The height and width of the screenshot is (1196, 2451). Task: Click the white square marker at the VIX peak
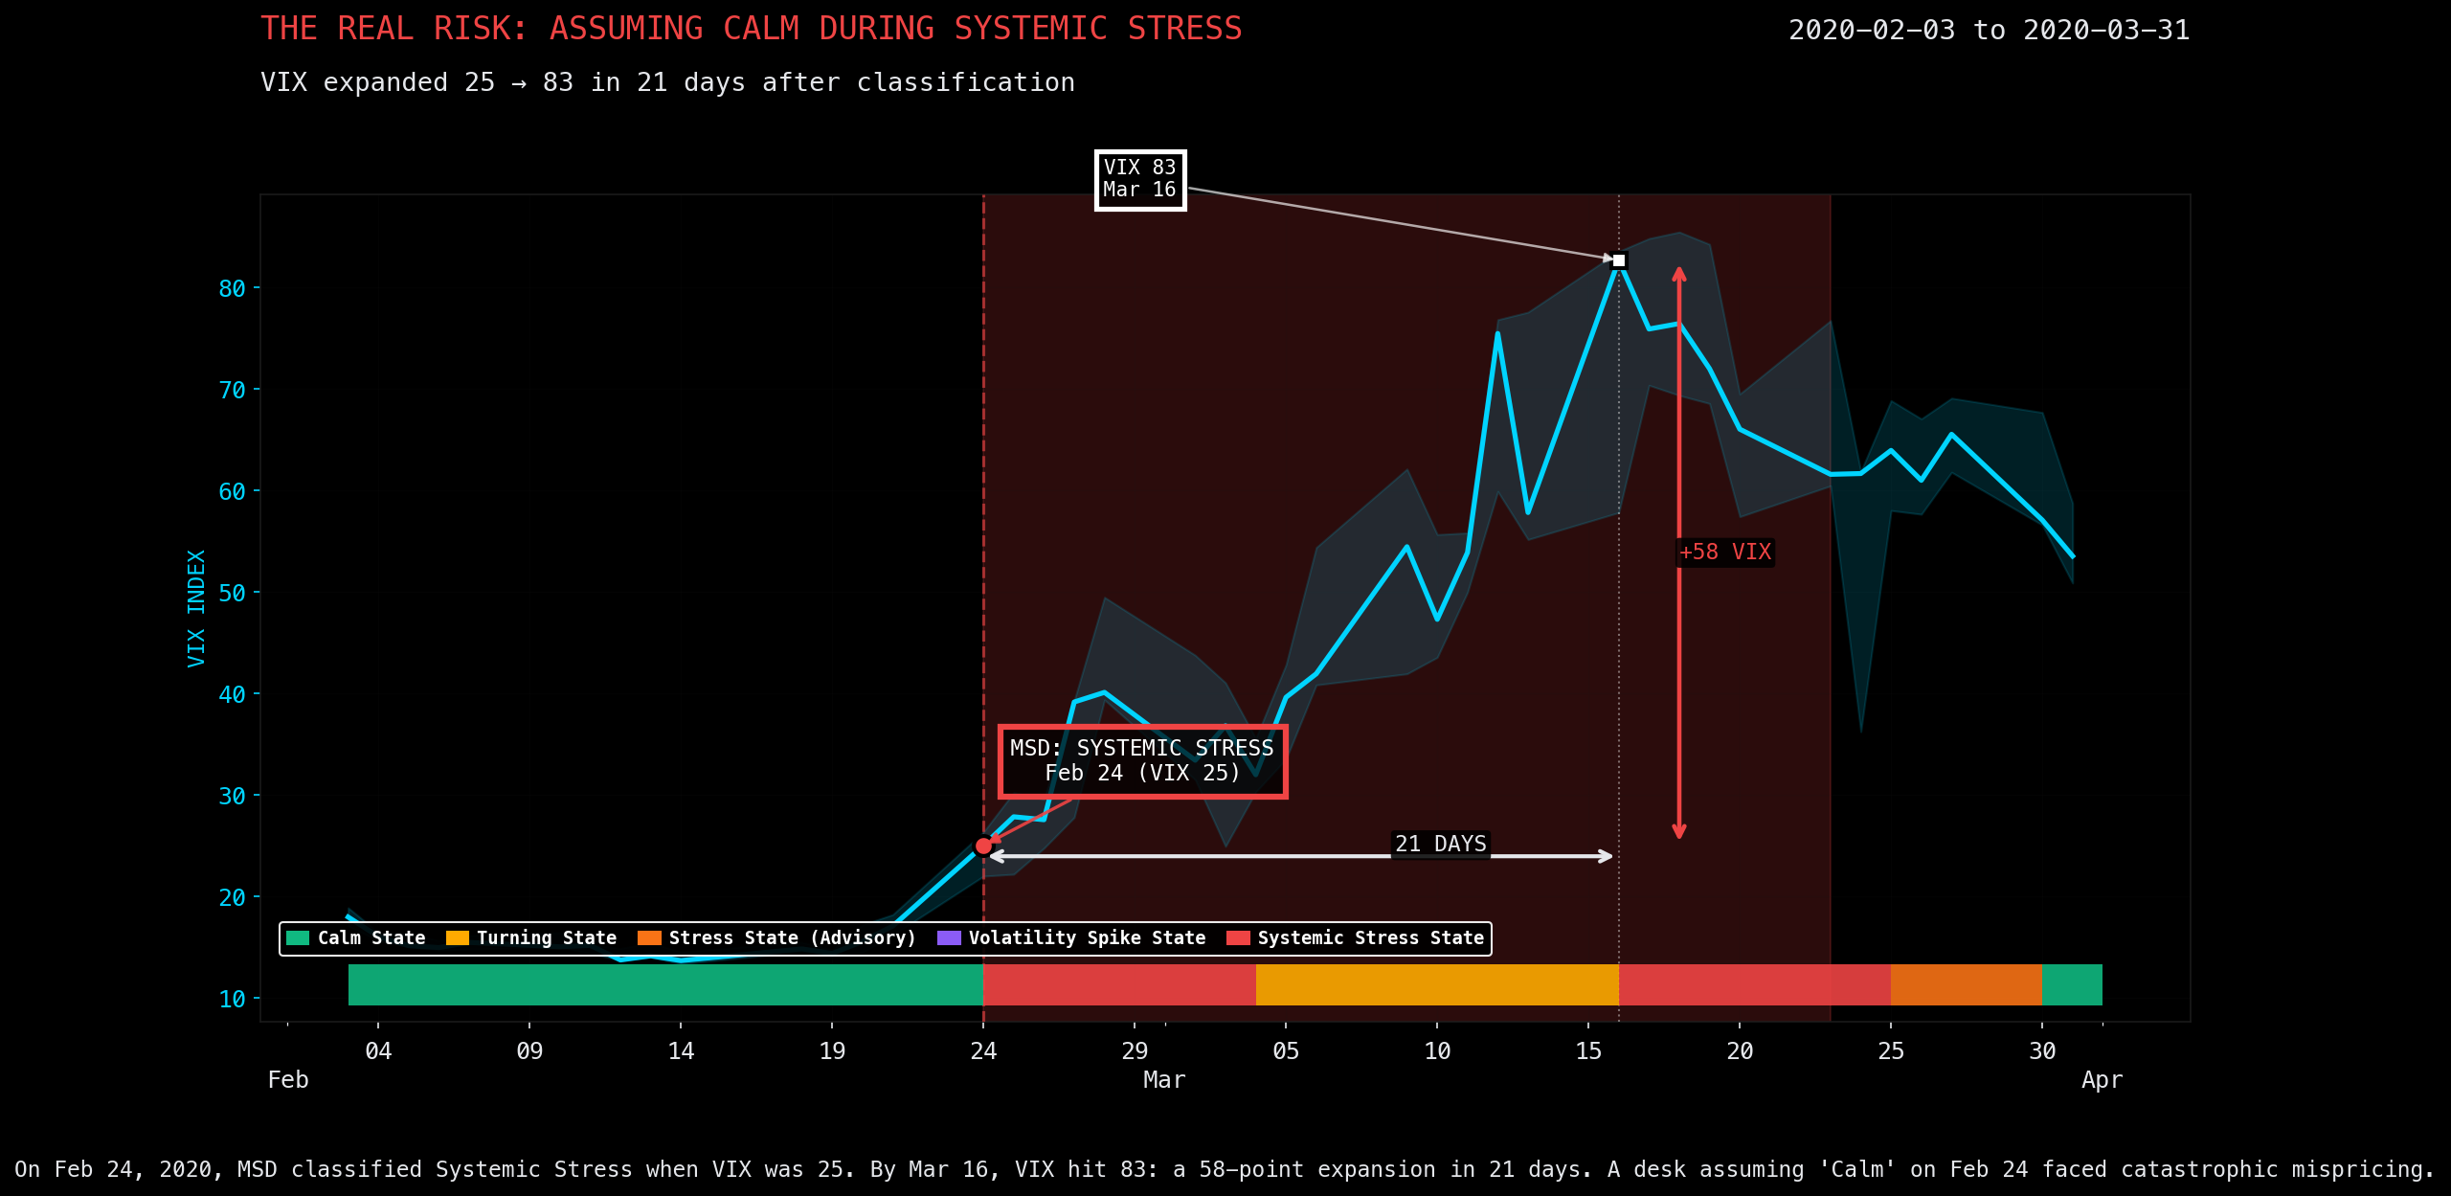1619,260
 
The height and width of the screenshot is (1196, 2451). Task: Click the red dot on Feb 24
983,846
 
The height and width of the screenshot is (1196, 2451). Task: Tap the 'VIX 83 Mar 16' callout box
1140,179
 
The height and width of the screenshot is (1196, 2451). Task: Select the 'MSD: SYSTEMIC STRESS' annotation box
1142,761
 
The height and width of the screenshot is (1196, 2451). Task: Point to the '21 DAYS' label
1440,844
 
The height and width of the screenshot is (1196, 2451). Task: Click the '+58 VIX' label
1725,553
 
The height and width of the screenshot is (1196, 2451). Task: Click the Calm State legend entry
356,938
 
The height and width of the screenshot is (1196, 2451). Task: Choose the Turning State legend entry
531,938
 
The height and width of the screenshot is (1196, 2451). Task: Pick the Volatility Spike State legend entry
1071,938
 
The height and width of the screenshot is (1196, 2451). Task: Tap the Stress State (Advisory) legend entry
776,938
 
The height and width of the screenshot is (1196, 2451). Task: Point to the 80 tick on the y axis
232,288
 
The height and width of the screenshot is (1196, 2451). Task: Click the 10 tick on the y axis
232,1000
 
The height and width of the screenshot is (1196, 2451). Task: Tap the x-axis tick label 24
983,1051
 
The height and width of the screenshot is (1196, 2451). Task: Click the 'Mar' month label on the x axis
1164,1080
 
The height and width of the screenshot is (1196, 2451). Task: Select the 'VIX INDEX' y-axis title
196,608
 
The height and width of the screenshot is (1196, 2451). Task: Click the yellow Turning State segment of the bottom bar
1436,984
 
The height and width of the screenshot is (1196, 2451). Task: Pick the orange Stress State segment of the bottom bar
1966,984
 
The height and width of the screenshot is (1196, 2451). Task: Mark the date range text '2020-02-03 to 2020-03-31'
1989,31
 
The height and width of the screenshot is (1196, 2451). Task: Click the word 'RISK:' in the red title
481,29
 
